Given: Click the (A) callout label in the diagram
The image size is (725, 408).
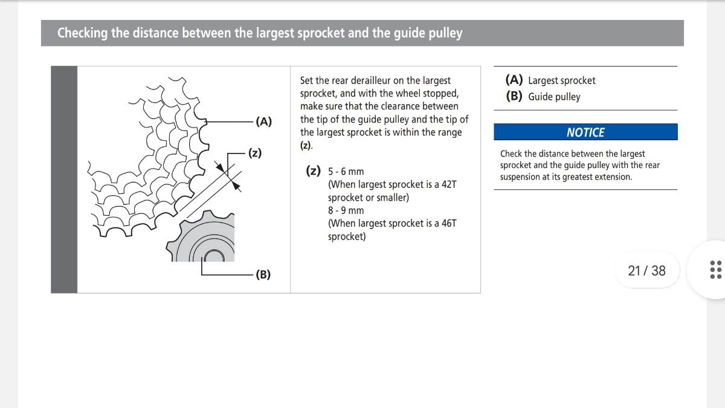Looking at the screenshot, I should click(264, 121).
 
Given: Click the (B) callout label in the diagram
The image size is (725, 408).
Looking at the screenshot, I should click(263, 275).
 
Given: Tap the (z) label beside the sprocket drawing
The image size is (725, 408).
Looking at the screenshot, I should click(255, 153).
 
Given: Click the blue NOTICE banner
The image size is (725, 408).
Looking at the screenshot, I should click(585, 132).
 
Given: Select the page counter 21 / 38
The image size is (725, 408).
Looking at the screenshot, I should click(646, 270).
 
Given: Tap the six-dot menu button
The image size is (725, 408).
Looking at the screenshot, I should click(715, 270).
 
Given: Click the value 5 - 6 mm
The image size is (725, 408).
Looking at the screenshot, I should click(346, 172).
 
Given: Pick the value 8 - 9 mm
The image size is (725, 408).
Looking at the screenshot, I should click(346, 210).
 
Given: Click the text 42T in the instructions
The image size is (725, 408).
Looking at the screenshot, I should click(448, 184).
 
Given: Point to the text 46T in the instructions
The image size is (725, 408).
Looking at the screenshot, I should click(448, 223).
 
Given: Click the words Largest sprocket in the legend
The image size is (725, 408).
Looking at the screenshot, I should click(561, 80).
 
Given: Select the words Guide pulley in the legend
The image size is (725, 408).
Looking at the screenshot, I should click(553, 97).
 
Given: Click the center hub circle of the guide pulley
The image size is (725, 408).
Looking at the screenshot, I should click(213, 256).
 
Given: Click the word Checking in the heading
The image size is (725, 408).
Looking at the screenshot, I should click(82, 33).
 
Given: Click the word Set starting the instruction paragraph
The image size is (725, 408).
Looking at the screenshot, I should click(307, 80).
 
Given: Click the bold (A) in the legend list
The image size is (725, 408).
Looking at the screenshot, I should click(514, 80).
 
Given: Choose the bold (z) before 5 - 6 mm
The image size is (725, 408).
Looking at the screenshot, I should click(313, 171).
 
